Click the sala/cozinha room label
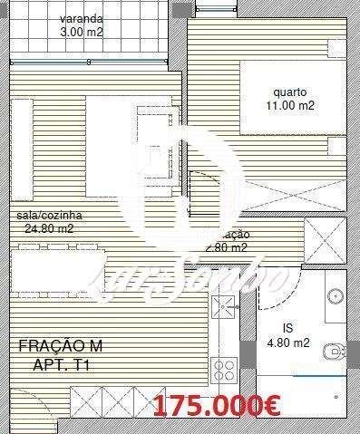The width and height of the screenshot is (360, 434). point(49,216)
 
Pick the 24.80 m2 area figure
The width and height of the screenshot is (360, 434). point(49,228)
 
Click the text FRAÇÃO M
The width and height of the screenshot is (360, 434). point(62,346)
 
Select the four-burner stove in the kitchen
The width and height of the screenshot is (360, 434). point(223,370)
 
